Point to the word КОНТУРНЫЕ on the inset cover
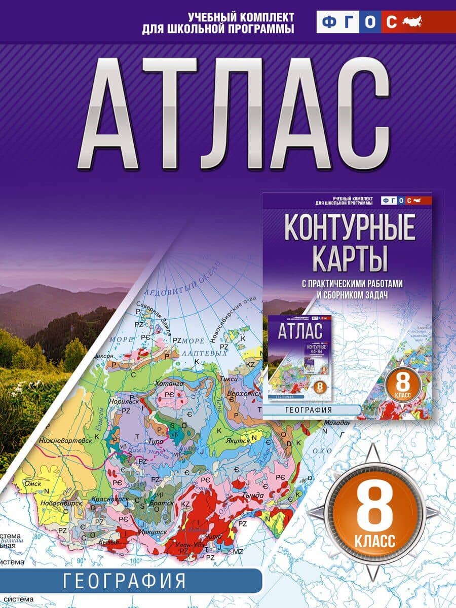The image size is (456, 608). (x=350, y=229)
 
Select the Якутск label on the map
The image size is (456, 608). (x=237, y=441)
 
